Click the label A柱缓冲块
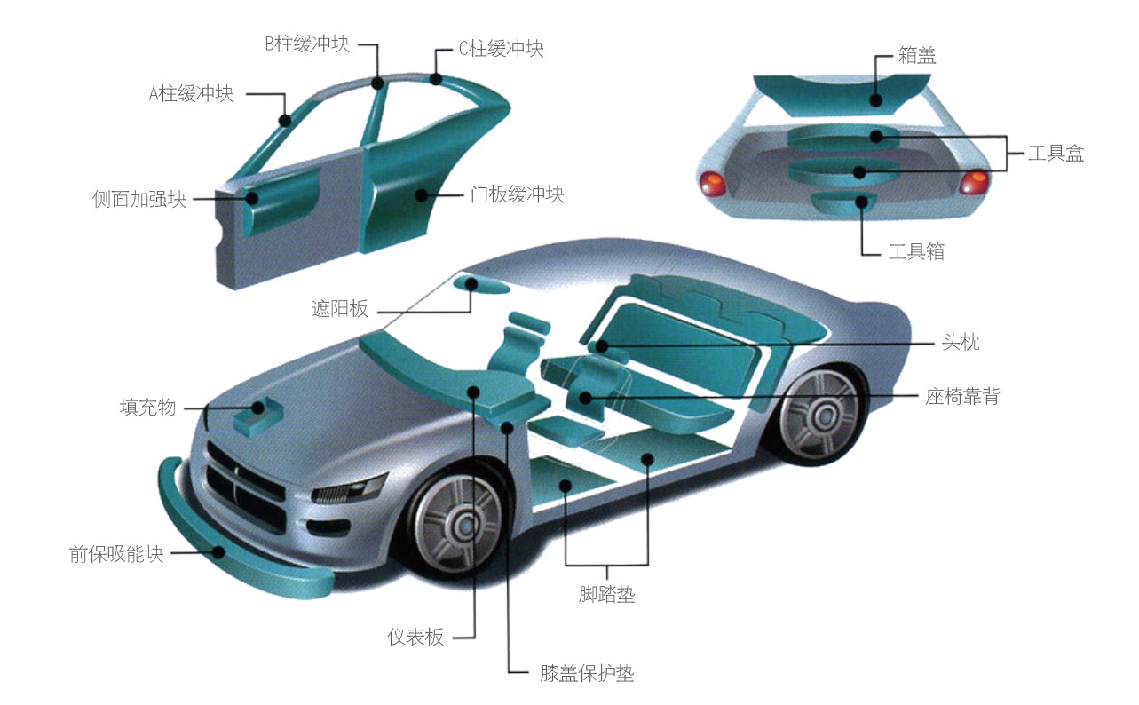191,93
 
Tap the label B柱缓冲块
308,44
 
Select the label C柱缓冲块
502,48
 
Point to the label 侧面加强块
139,199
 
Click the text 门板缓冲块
518,194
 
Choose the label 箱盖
917,55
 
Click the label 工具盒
1056,153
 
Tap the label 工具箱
916,251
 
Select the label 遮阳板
339,308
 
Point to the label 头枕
961,342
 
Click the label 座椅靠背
962,396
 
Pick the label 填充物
147,408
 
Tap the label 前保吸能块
116,554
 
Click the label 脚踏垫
606,594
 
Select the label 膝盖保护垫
587,673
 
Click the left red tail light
712,183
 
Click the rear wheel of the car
819,416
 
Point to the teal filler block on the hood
257,416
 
